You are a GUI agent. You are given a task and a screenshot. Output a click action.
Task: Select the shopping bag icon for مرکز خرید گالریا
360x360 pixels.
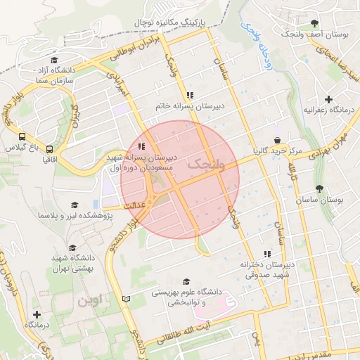pyautogui.click(x=278, y=139)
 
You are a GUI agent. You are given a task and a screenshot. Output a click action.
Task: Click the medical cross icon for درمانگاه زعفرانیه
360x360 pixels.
pyautogui.click(x=328, y=99)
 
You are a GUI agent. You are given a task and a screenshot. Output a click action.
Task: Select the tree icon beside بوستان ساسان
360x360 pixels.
pyautogui.click(x=321, y=188)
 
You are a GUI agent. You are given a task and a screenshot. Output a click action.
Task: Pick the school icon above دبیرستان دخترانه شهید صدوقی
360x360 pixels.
pyautogui.click(x=266, y=253)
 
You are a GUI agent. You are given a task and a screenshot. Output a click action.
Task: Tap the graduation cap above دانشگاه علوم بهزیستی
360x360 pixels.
pyautogui.click(x=186, y=281)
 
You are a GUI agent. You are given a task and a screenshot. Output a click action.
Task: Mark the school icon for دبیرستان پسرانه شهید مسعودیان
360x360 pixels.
pyautogui.click(x=141, y=146)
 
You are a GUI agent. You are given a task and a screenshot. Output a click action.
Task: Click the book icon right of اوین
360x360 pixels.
pyautogui.click(x=126, y=299)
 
